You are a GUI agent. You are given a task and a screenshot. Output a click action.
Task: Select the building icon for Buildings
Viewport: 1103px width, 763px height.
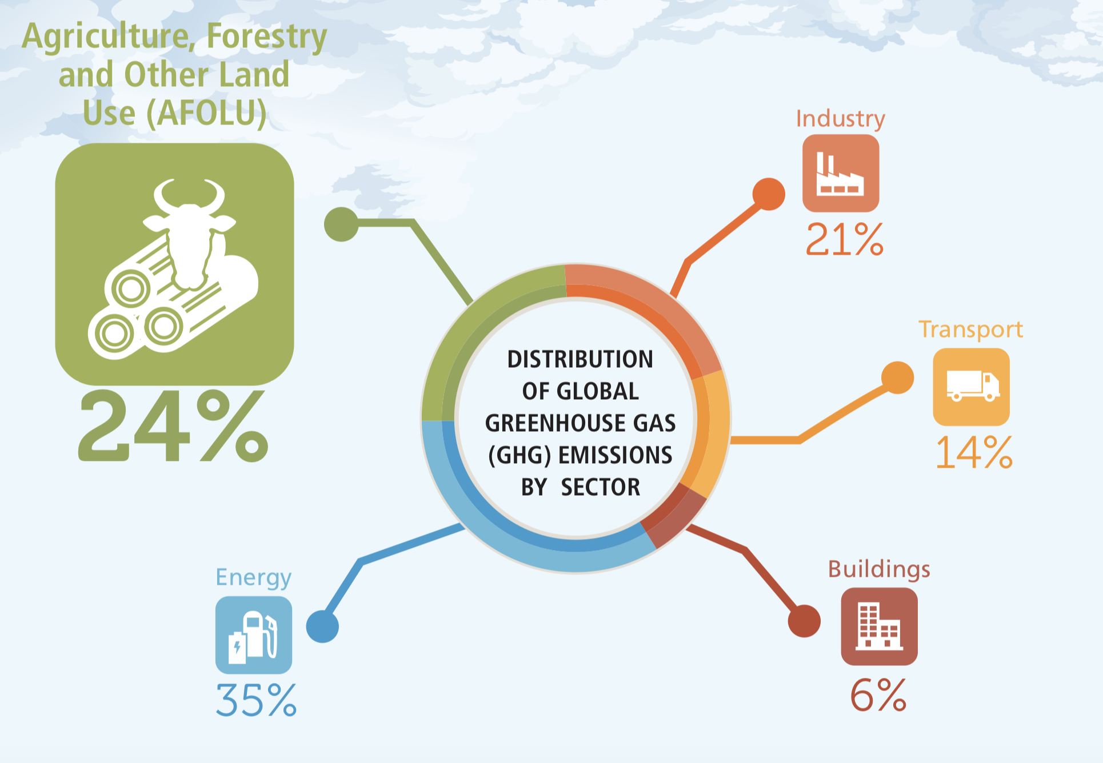point(879,627)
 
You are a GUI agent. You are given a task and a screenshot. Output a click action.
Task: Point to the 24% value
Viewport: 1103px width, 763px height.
point(173,425)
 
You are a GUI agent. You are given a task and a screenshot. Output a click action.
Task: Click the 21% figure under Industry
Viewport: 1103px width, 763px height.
point(845,239)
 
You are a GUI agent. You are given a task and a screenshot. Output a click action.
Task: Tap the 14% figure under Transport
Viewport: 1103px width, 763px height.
point(974,453)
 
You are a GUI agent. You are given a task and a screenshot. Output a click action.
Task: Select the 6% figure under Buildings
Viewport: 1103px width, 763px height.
point(878,695)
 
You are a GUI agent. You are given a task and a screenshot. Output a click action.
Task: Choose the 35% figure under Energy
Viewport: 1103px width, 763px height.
point(256,700)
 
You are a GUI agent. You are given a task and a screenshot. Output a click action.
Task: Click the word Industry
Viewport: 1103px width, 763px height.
point(841,119)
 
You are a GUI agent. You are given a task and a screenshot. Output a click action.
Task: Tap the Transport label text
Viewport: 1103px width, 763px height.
point(970,330)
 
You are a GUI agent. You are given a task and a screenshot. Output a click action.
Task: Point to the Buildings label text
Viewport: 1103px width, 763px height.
point(879,570)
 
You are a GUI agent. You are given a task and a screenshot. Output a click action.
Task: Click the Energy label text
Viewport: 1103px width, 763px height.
point(254,578)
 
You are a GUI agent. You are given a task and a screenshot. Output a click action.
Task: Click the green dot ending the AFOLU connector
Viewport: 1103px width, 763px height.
point(341,224)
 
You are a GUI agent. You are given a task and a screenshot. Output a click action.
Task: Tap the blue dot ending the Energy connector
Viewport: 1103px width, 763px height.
point(322,627)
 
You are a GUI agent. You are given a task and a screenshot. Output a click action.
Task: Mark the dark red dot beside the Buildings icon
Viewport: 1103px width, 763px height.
point(804,621)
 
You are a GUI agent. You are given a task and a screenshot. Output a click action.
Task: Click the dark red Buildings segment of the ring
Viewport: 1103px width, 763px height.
point(674,517)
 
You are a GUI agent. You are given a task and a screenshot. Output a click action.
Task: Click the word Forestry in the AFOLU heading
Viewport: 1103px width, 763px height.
point(267,37)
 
